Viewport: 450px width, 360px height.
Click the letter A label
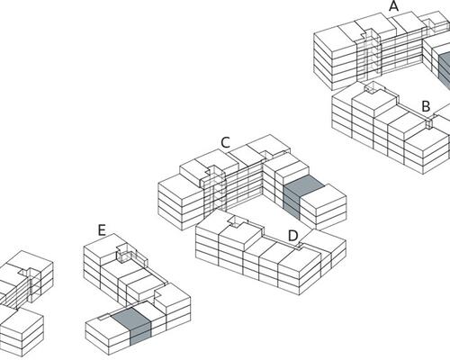[394, 6]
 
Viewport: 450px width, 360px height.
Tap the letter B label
[426, 106]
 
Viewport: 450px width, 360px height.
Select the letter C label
[225, 142]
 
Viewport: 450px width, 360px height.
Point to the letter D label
[292, 236]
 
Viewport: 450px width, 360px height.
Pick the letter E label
[102, 230]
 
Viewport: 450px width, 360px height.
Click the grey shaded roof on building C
[304, 185]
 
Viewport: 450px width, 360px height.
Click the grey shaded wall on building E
[140, 333]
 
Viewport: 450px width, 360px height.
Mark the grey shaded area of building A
[445, 67]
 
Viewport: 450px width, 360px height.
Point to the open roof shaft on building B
[373, 87]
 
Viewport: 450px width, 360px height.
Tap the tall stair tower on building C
[213, 189]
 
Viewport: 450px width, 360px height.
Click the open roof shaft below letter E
[123, 254]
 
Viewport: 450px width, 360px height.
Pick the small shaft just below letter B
[429, 123]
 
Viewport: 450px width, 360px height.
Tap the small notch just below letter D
[300, 247]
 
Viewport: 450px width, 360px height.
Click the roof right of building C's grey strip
[324, 196]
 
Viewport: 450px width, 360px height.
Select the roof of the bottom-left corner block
[22, 321]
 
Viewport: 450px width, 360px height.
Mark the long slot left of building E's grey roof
[105, 317]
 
